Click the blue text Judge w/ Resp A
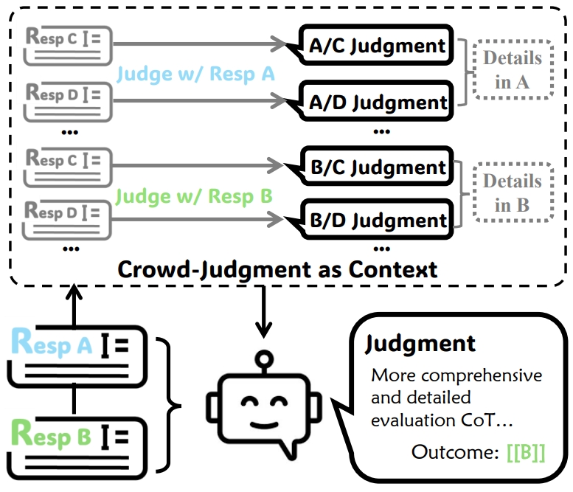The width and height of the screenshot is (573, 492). (x=196, y=73)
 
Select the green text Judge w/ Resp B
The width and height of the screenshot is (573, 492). (x=195, y=196)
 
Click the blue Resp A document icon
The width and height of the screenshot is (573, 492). (x=77, y=354)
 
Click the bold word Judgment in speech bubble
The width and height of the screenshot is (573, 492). (x=421, y=343)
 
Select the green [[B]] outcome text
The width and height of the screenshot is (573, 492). (x=526, y=451)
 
